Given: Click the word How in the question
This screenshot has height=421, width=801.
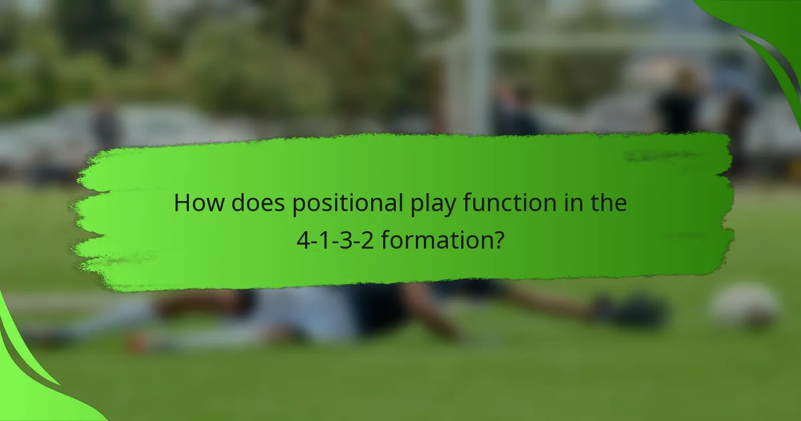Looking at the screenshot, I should click(199, 203).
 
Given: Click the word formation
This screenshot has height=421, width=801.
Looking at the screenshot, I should click(436, 239).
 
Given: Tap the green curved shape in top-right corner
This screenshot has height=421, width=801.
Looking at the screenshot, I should click(768, 33).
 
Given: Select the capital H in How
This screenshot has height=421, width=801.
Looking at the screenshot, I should click(182, 203).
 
